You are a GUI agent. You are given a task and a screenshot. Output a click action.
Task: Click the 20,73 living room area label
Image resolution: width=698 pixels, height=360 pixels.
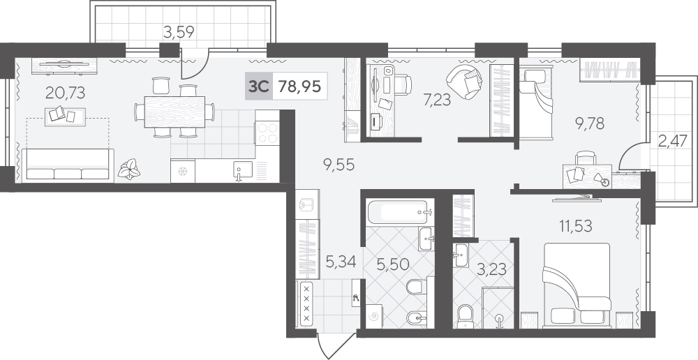65,93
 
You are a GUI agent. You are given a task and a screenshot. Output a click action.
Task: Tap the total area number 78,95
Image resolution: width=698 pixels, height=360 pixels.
299,87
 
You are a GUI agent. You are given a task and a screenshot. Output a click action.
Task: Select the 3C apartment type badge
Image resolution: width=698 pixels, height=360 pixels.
259,87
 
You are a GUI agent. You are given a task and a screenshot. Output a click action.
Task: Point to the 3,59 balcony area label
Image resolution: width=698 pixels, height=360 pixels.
179,33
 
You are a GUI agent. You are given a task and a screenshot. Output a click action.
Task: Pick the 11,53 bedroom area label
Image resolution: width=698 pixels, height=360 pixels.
576,226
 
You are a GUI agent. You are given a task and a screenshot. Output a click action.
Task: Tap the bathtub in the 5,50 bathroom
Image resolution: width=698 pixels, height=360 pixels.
399,212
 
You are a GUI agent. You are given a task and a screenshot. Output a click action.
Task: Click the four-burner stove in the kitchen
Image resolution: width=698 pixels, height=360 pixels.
267,132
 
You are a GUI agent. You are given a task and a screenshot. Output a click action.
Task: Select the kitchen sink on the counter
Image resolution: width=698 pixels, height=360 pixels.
243,170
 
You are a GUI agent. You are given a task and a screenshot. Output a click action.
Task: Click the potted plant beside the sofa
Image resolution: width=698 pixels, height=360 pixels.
129,170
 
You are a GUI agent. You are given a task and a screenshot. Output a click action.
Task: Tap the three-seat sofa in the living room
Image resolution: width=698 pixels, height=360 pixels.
68,165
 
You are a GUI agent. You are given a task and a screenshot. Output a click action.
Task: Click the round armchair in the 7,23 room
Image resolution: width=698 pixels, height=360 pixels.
464,82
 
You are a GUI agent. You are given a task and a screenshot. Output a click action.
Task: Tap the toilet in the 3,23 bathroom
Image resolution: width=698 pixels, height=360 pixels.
465,315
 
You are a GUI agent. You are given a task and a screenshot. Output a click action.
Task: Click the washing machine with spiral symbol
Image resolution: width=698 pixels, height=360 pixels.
374,316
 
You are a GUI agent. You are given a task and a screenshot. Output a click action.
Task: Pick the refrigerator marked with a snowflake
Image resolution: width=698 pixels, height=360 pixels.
183,171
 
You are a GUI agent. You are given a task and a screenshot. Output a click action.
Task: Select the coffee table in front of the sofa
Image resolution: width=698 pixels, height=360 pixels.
65,116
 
